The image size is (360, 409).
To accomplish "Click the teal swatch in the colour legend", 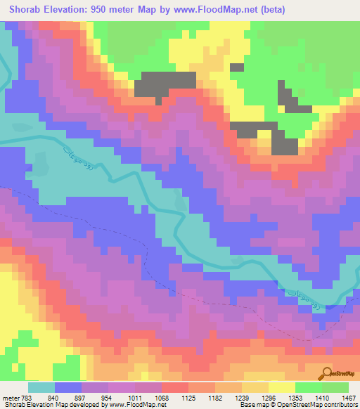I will (x=41, y=388).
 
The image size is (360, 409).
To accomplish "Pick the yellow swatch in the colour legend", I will (x=282, y=388).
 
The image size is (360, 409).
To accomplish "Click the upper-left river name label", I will (x=76, y=154).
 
